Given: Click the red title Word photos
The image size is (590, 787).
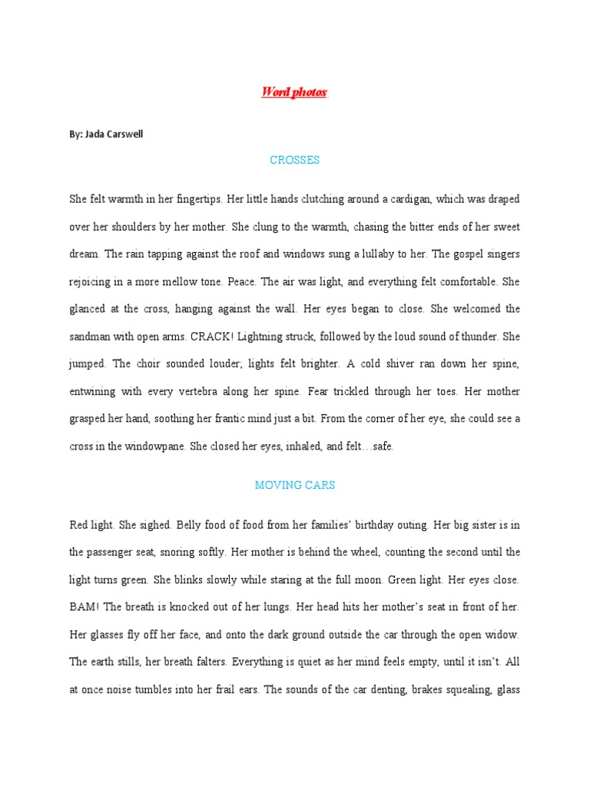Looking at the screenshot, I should [293, 92].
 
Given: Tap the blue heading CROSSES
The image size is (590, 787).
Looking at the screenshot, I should [294, 161].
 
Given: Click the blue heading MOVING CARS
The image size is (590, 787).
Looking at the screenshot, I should [294, 486].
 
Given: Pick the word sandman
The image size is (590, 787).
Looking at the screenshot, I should [89, 337].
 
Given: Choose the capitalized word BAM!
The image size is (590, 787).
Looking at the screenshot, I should [84, 607].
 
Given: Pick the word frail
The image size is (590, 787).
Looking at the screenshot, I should [224, 689].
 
